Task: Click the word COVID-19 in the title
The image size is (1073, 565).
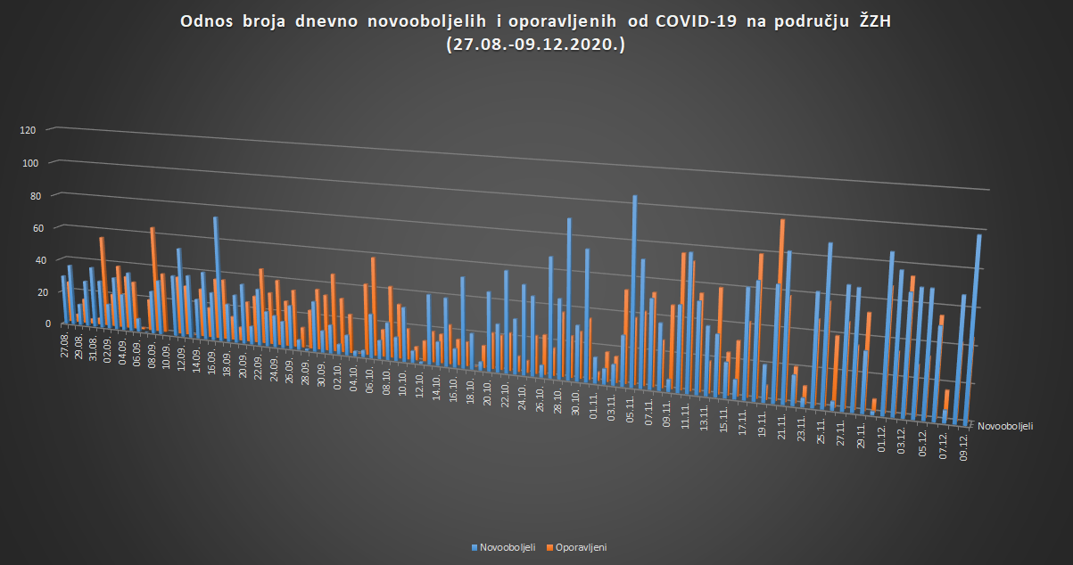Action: point(692,21)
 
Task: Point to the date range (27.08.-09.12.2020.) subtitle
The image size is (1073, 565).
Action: point(535,44)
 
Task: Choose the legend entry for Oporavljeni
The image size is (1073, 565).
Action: point(581,547)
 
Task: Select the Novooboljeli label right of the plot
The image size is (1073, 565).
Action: point(1005,427)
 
